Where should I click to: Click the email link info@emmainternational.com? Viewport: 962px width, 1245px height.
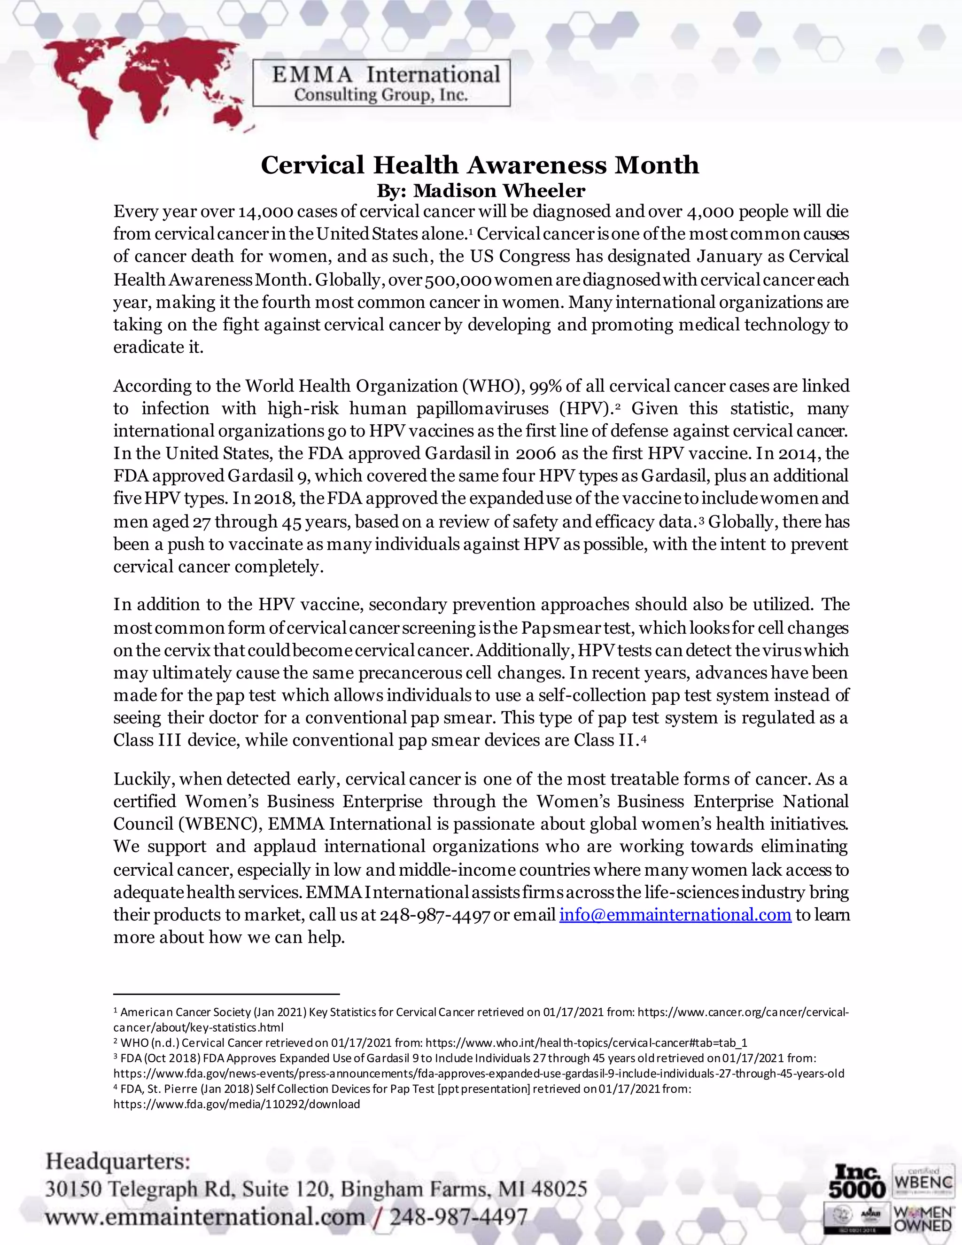coord(675,915)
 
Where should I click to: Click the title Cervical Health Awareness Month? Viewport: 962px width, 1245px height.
coord(480,165)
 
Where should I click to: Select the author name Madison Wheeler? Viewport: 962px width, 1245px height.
coord(499,190)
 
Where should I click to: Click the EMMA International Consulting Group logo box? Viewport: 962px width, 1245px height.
coord(381,83)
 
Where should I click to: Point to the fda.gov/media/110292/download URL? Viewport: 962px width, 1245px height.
coord(237,1104)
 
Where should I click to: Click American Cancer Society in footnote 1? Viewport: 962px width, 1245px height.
coord(185,1012)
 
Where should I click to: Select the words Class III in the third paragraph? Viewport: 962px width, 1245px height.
coord(147,740)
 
